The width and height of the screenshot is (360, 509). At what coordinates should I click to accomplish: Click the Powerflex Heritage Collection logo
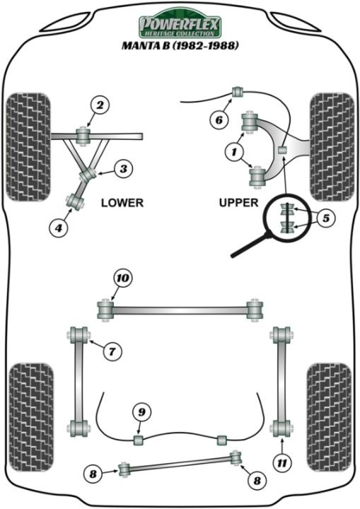coord(179,23)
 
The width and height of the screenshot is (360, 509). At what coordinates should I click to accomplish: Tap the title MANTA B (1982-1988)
coord(180,46)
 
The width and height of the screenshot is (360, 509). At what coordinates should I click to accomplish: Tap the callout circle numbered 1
coord(233,151)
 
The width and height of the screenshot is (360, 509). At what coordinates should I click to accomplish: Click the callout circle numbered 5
coord(325,218)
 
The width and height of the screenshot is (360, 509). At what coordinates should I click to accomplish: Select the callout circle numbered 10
coord(122,277)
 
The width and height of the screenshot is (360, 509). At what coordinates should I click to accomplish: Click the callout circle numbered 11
coord(282,463)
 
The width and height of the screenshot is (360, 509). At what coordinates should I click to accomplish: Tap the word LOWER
coord(122,203)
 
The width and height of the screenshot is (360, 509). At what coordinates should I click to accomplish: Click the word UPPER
coord(238,203)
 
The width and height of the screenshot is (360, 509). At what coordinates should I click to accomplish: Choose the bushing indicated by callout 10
coord(105,308)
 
